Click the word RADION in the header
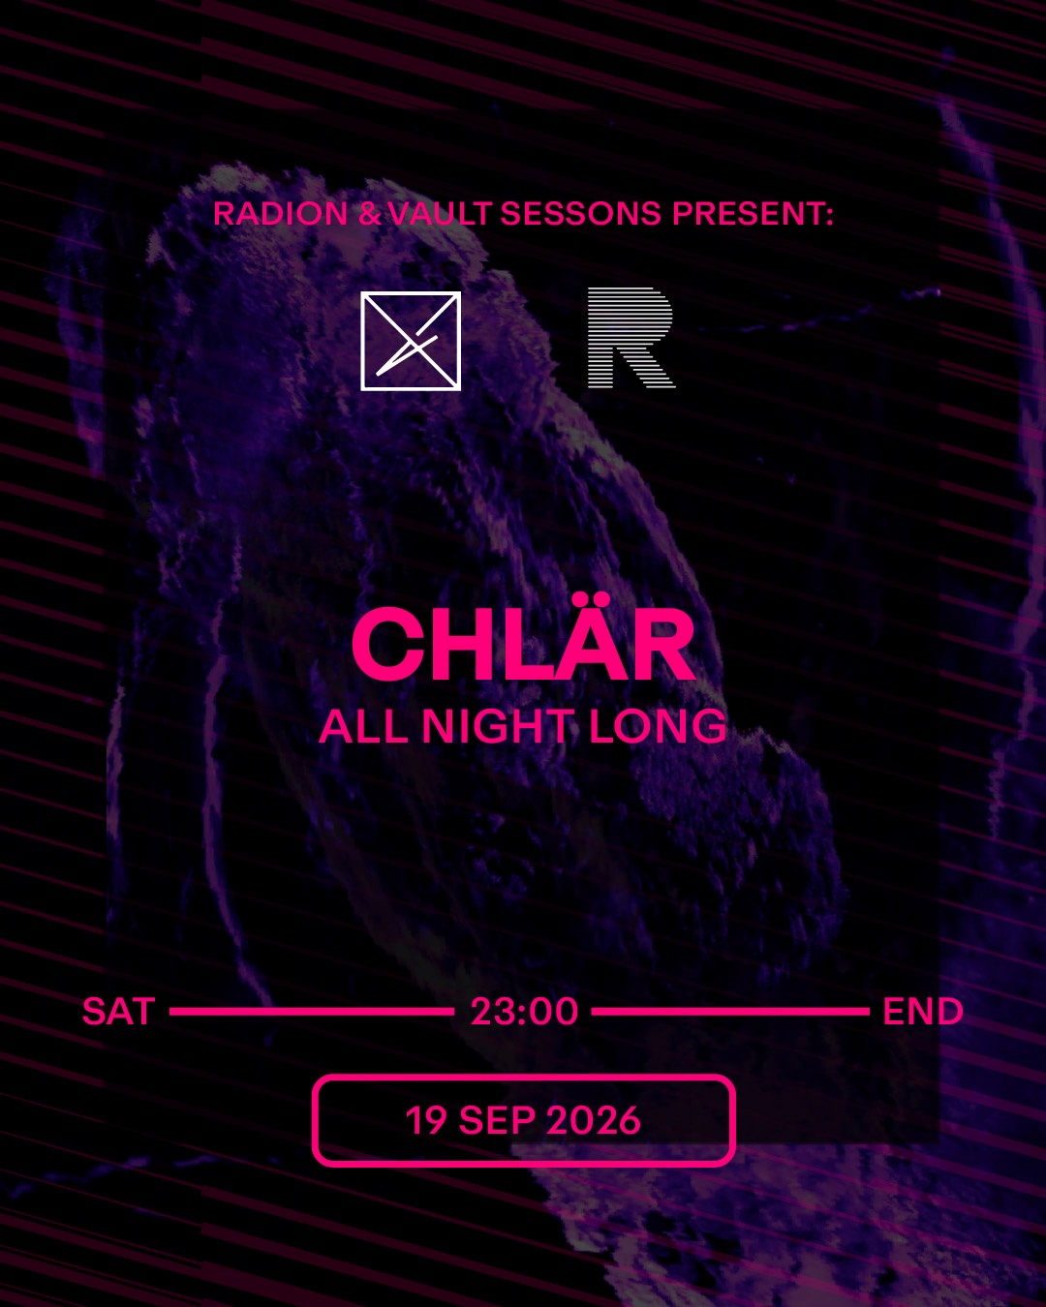(280, 214)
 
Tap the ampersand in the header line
(369, 214)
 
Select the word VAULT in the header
(440, 214)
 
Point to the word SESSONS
(581, 214)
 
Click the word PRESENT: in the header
(753, 214)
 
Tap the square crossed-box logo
(411, 341)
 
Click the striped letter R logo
(631, 337)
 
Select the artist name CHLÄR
(523, 643)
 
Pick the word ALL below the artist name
(363, 726)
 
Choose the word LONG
(658, 726)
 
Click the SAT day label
(118, 1011)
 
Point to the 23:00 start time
(524, 1011)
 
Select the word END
(923, 1011)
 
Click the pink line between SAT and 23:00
(312, 1011)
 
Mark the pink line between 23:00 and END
(730, 1011)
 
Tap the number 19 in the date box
(426, 1120)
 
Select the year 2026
(594, 1120)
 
